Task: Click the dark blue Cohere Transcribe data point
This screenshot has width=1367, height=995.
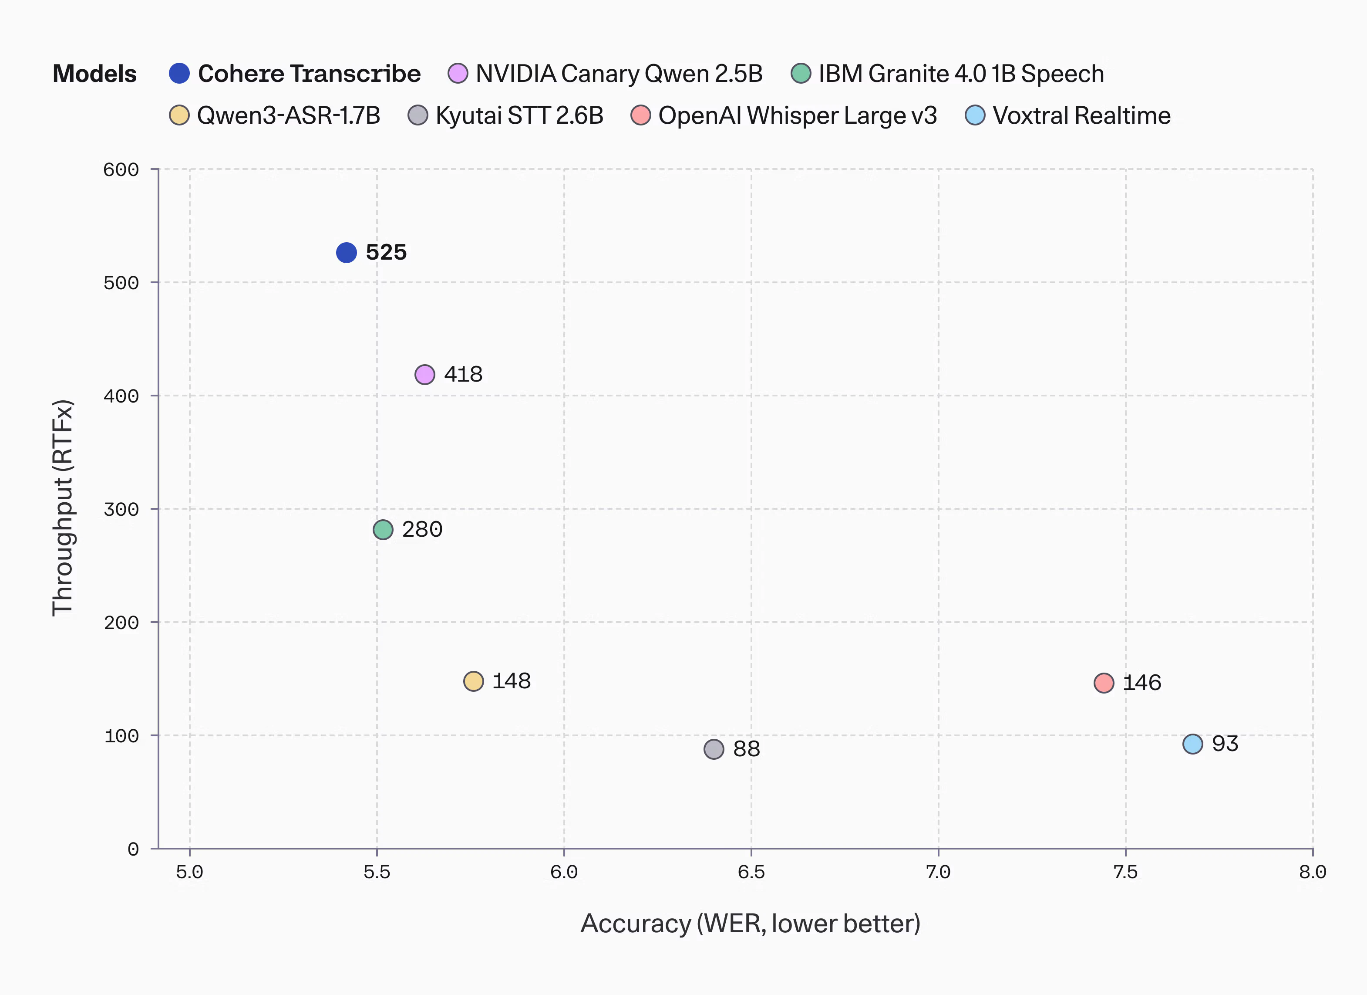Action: [x=346, y=253]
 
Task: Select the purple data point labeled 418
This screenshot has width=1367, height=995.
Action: [x=425, y=375]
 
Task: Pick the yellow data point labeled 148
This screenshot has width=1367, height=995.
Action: [x=474, y=681]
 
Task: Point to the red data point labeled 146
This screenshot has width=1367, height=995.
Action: [x=1104, y=683]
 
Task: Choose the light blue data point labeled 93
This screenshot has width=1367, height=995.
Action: [x=1193, y=744]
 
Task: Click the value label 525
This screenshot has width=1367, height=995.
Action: [x=386, y=252]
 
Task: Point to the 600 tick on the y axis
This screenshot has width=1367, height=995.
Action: [x=121, y=169]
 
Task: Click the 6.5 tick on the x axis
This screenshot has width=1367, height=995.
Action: [x=751, y=872]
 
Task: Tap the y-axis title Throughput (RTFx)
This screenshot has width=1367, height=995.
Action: [x=63, y=508]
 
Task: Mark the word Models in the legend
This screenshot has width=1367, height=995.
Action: [x=94, y=74]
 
